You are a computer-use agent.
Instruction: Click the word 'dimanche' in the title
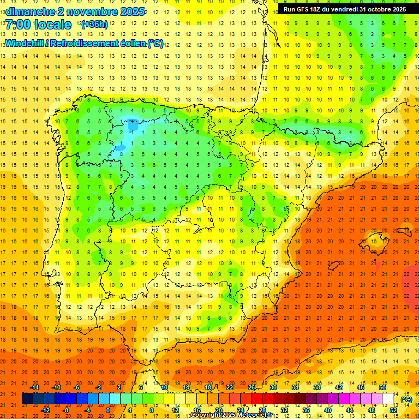coord(30,11)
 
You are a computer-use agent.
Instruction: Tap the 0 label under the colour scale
coord(108,410)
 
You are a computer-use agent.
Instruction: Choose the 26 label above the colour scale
coord(252,387)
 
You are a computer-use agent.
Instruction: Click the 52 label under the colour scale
coord(393,410)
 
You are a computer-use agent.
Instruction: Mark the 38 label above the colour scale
coord(316,387)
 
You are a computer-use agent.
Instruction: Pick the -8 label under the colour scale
coord(66,410)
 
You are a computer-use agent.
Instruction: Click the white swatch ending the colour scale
coord(387,399)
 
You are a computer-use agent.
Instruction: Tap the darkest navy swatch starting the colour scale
coord(27,399)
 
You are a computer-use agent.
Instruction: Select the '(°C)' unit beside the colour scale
coord(406,399)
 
